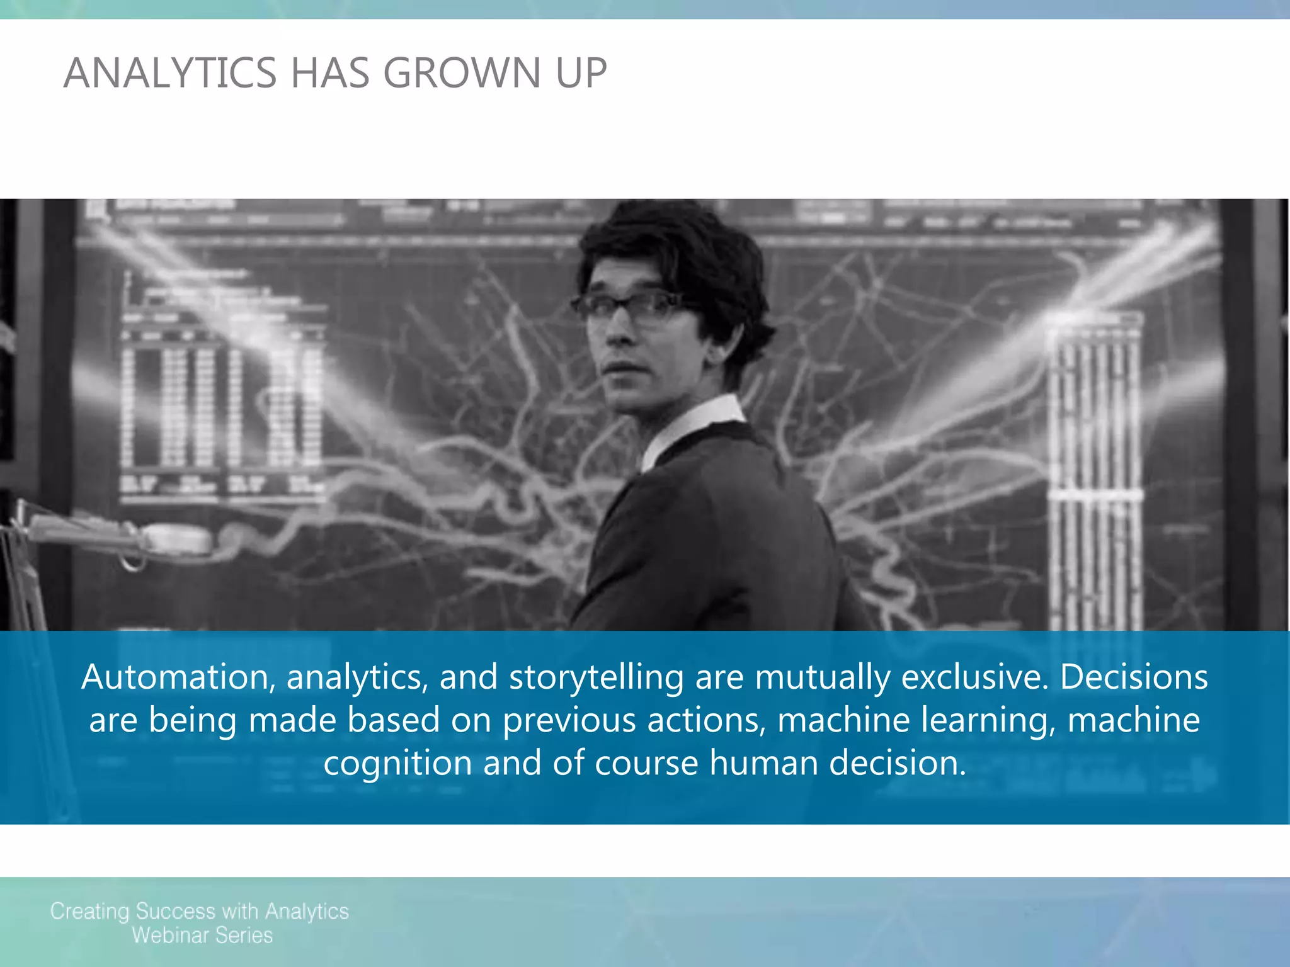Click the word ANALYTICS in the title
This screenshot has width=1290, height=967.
[170, 73]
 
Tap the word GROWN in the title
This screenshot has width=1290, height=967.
[462, 73]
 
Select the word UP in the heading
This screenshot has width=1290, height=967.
[581, 73]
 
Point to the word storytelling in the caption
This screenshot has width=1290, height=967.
[596, 677]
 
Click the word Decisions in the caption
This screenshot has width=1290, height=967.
[1134, 677]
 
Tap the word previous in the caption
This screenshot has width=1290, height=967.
[569, 721]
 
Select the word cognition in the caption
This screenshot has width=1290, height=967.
[397, 764]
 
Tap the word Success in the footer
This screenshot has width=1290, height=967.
[176, 912]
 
